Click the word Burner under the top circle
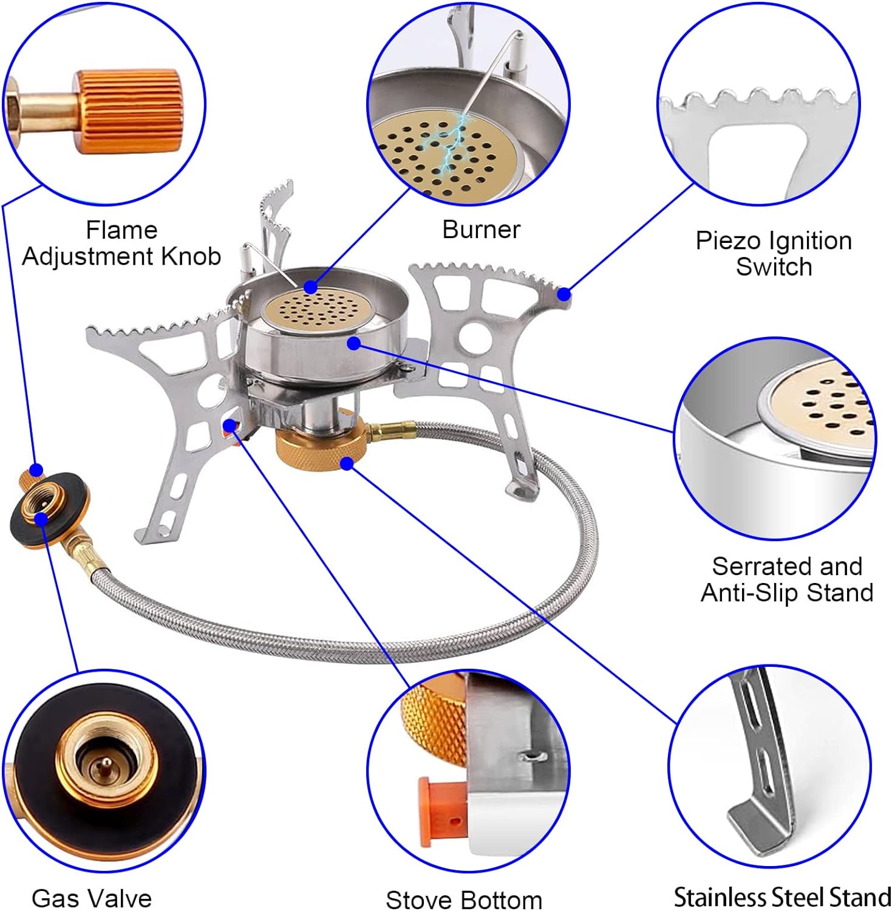click(x=481, y=230)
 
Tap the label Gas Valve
click(x=92, y=898)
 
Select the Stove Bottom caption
click(x=464, y=899)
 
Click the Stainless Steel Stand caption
click(x=782, y=896)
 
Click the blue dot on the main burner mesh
click(x=311, y=287)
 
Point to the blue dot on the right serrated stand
click(x=563, y=294)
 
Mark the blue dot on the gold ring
click(x=347, y=463)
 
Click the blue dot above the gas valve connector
click(x=36, y=469)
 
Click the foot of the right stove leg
click(x=522, y=489)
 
